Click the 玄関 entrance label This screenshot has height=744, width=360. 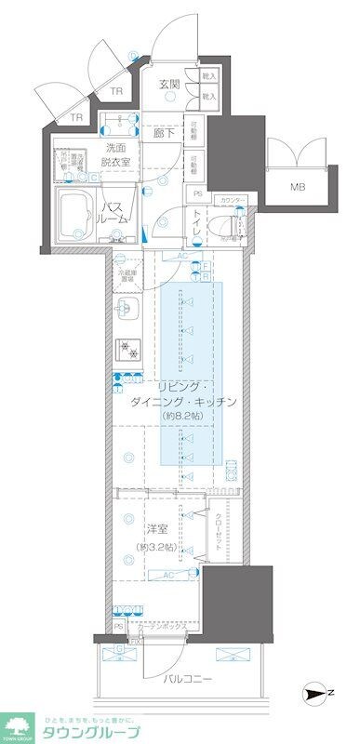(168, 84)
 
